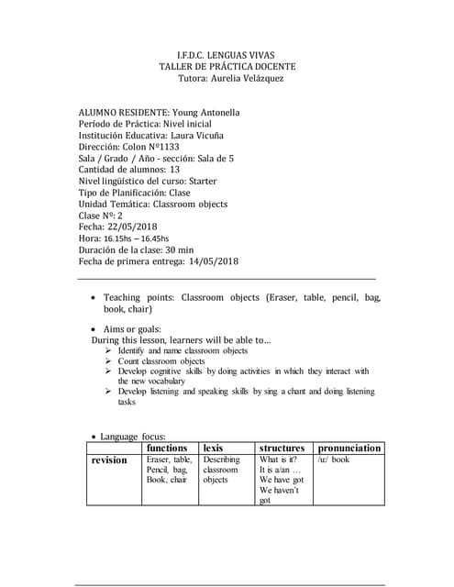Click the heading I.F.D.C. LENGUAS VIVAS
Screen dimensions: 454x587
click(227, 55)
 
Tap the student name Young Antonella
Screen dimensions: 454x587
click(206, 113)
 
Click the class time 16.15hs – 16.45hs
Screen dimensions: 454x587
click(138, 238)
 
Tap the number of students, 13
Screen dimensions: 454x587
click(175, 170)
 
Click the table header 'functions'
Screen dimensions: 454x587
click(168, 448)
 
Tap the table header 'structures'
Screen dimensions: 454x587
click(282, 448)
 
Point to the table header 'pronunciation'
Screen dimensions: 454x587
click(349, 448)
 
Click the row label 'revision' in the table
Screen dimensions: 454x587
click(110, 460)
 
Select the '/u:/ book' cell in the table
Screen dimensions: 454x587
click(334, 460)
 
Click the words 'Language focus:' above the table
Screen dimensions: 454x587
click(132, 437)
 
